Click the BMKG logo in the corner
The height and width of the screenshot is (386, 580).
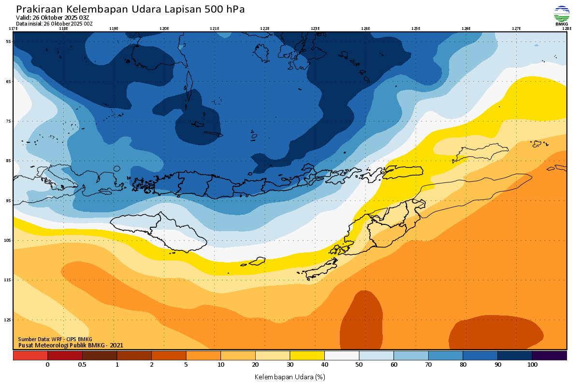click(x=561, y=15)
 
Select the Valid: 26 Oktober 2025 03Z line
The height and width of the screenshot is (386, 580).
click(x=53, y=17)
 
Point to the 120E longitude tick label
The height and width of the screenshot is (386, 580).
click(x=164, y=28)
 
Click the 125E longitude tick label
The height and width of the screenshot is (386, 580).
click(x=416, y=28)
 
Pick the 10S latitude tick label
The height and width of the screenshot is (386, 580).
click(x=8, y=240)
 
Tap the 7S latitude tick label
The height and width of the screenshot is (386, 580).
click(x=8, y=121)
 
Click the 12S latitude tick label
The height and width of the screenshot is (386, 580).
click(x=8, y=320)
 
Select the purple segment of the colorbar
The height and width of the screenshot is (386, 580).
click(x=549, y=356)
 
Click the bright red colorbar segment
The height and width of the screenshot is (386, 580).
click(x=30, y=356)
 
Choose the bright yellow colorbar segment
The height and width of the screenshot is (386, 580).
click(x=307, y=356)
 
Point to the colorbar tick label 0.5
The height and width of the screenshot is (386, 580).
click(x=82, y=365)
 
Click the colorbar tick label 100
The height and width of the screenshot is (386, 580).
click(x=532, y=365)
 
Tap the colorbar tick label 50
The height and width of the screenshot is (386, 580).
click(x=359, y=365)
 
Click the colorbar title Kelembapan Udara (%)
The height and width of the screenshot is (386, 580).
click(x=290, y=376)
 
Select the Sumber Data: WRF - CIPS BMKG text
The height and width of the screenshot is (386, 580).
click(x=55, y=339)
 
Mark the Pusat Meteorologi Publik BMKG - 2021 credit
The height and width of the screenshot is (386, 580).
click(x=71, y=345)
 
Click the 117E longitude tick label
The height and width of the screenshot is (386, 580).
click(x=14, y=28)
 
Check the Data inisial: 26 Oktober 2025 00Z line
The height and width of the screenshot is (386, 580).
click(x=54, y=23)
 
